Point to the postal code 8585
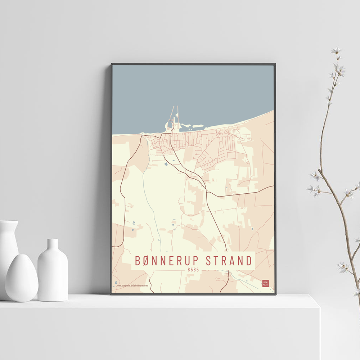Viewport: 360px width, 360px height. (193, 269)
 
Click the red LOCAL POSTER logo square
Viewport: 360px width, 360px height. (266, 283)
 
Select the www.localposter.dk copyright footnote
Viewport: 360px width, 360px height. (133, 285)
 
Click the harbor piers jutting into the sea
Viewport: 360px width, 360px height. (174, 117)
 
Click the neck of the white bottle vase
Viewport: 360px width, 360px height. (53, 245)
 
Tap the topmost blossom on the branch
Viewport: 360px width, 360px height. (336, 50)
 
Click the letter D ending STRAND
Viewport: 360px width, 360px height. (248, 261)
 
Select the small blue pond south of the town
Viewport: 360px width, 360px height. (166, 164)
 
